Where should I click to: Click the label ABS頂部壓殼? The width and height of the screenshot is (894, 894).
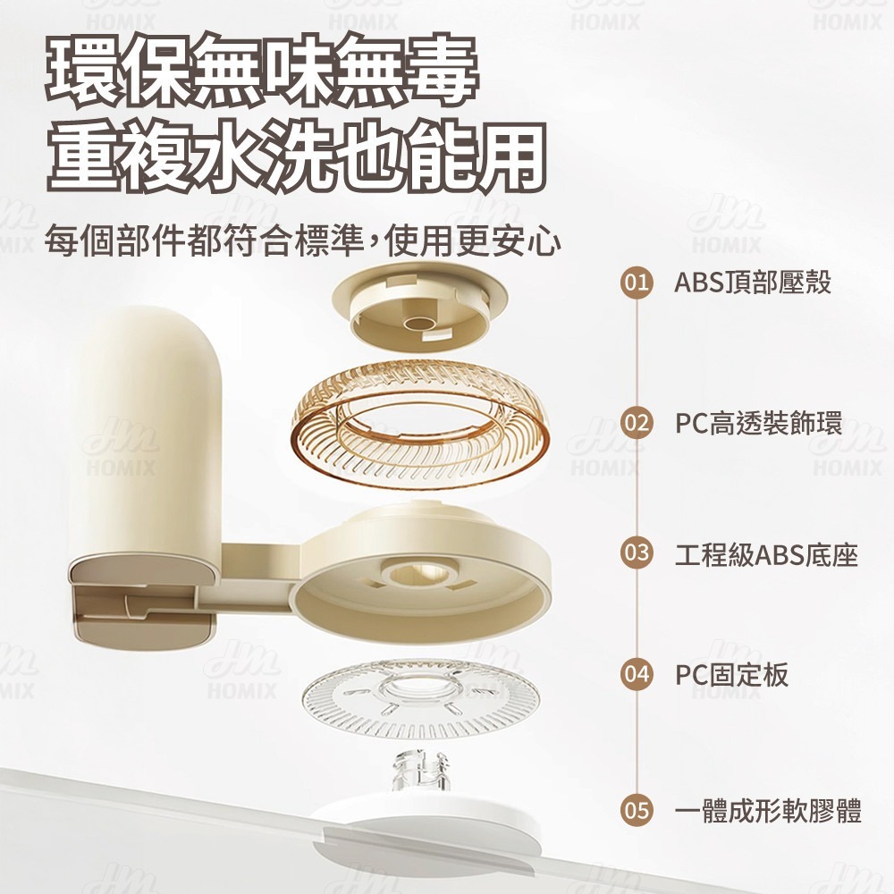[x=753, y=283]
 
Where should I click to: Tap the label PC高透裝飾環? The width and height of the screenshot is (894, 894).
[x=758, y=422]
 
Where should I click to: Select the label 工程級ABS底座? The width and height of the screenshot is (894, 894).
[x=766, y=554]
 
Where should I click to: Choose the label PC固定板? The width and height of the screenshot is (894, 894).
[x=731, y=675]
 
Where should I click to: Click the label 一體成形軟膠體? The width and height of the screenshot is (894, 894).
[x=768, y=812]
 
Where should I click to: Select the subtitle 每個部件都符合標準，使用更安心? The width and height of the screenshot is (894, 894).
[x=304, y=240]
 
